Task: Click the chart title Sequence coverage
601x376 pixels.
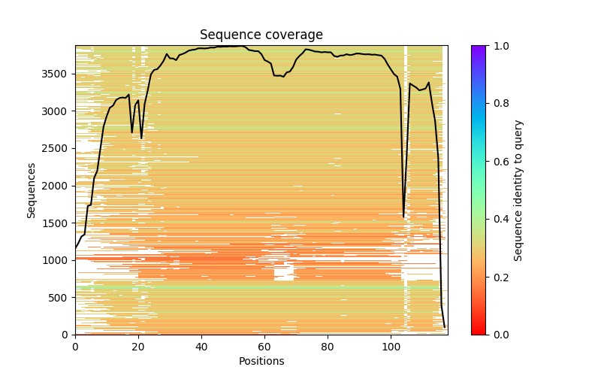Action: pos(261,35)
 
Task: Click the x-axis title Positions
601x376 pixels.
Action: pos(261,361)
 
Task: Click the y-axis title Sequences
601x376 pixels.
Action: pos(32,190)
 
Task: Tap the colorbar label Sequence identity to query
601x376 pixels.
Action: pos(518,190)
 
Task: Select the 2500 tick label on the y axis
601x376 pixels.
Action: pos(57,148)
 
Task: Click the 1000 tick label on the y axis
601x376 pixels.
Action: pos(57,260)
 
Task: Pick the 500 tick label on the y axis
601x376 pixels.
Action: pos(60,297)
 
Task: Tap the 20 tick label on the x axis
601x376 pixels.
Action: pos(138,347)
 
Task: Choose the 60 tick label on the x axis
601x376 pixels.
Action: pos(264,347)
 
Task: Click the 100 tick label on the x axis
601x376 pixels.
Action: pos(391,347)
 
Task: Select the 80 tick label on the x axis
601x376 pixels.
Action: pos(328,347)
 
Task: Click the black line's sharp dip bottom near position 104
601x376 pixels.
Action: pos(404,217)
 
